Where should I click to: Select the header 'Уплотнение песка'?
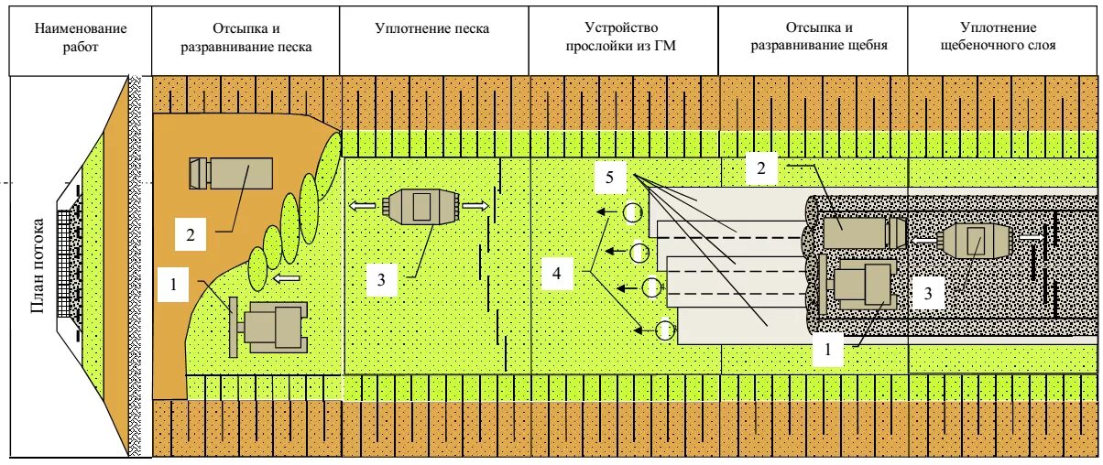tap(431, 29)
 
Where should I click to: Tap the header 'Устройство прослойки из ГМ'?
tap(621, 38)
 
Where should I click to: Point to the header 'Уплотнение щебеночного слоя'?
tap(1003, 38)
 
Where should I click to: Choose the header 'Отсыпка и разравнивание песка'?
tap(246, 38)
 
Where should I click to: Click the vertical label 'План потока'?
tap(38, 265)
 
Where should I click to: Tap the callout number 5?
tap(610, 177)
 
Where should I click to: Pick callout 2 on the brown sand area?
tap(191, 235)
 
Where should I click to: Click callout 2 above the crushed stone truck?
tap(759, 167)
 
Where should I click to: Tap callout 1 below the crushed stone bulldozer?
tap(828, 348)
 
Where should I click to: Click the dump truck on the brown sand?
tap(232, 172)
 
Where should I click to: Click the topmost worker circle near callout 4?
tap(631, 213)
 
